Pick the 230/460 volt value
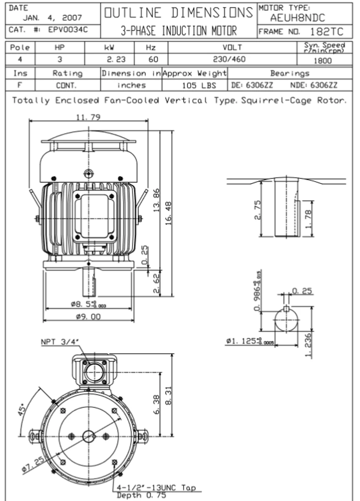[x=232, y=60]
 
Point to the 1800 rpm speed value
[x=323, y=61]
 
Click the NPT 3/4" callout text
[x=60, y=342]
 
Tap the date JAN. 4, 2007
[x=52, y=18]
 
